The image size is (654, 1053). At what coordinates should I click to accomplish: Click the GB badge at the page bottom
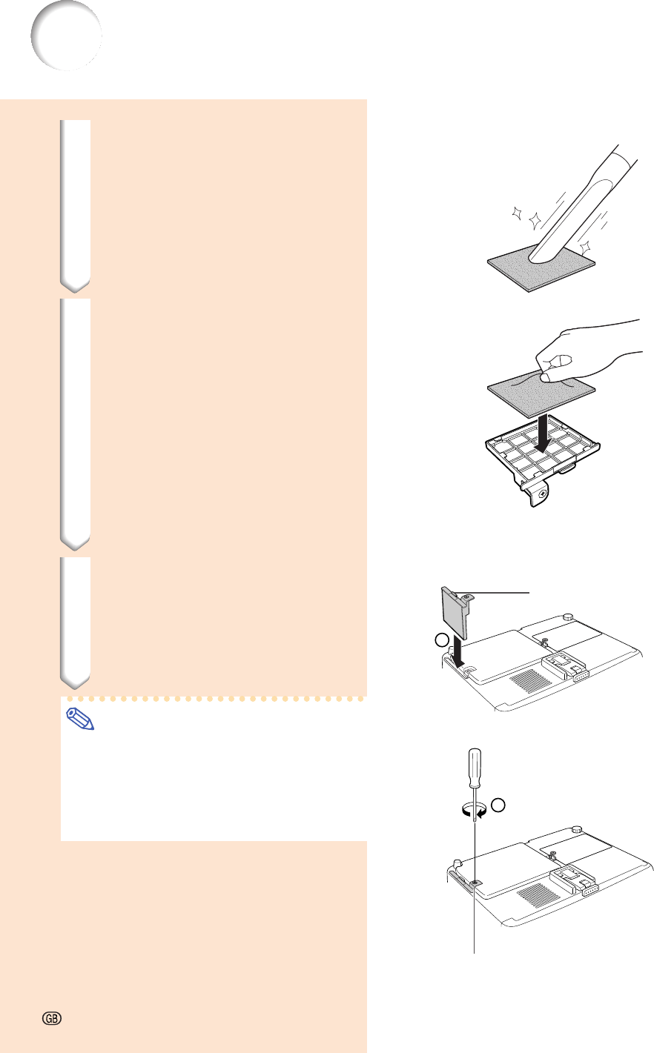click(x=52, y=1018)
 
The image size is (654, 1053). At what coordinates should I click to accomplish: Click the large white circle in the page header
click(x=66, y=36)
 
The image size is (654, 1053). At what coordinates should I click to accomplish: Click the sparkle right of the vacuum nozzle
click(x=585, y=248)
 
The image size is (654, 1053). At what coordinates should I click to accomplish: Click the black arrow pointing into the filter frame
click(x=543, y=434)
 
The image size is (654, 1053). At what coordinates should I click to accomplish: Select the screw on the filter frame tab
click(x=543, y=494)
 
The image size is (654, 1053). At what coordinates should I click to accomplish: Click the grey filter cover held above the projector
click(x=455, y=613)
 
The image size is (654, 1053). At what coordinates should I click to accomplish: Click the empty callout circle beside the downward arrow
click(x=441, y=640)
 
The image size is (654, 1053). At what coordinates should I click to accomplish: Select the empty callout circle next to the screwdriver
click(x=498, y=805)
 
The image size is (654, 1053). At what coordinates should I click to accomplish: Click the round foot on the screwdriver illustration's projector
click(x=576, y=829)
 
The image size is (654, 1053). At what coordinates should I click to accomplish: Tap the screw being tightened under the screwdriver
click(x=475, y=883)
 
